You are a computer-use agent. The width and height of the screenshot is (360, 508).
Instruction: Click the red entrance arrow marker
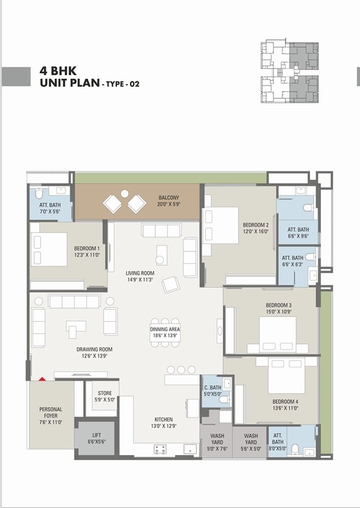pyautogui.click(x=42, y=379)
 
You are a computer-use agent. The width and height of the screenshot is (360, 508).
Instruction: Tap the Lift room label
pyautogui.click(x=97, y=438)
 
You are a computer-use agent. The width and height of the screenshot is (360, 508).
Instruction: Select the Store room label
pyautogui.click(x=105, y=396)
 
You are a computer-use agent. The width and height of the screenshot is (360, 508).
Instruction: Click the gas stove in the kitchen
pyautogui.click(x=160, y=449)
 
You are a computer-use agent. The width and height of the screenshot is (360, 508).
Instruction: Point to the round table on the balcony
pyautogui.click(x=125, y=194)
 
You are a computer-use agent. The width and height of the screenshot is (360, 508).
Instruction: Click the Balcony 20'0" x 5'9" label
pyautogui.click(x=169, y=201)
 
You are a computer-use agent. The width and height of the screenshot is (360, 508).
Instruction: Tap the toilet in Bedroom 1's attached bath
pyautogui.click(x=39, y=193)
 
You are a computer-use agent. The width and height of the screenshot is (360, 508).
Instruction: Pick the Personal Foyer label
pyautogui.click(x=51, y=416)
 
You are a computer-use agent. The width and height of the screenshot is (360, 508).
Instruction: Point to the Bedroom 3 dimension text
pyautogui.click(x=279, y=312)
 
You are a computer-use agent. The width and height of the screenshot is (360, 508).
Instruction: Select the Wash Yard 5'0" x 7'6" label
pyautogui.click(x=217, y=442)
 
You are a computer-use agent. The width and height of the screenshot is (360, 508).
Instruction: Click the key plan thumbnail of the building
pyautogui.click(x=290, y=72)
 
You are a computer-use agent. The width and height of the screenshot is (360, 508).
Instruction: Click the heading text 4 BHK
pyautogui.click(x=58, y=71)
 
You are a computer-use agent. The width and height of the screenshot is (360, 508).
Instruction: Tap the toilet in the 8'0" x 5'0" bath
pyautogui.click(x=295, y=449)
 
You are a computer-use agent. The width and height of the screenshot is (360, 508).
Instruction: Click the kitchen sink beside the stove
pyautogui.click(x=190, y=449)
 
